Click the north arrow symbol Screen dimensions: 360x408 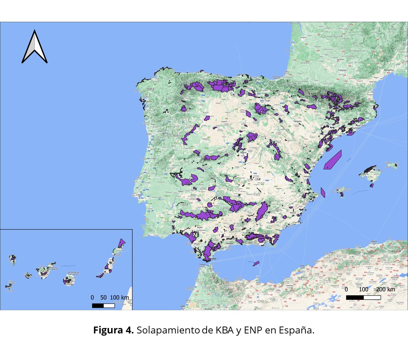point(35,47)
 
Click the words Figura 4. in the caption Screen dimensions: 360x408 point(114,331)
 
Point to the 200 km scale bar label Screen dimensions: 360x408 point(385,289)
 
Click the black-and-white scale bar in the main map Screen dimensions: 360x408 point(363,297)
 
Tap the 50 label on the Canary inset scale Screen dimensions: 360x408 point(104,297)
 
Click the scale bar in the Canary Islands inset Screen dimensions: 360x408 point(103,305)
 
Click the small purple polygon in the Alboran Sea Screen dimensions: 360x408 point(256,264)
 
